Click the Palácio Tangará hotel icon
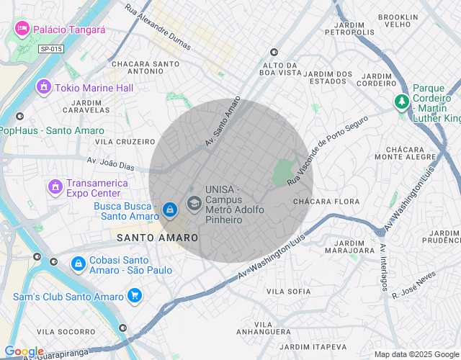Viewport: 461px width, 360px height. point(22,30)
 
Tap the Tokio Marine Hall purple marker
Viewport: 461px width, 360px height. point(44,88)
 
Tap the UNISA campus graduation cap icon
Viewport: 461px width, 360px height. point(194,204)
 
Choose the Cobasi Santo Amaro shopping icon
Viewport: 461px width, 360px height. point(77,264)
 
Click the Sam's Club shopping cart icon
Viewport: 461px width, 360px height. point(134,296)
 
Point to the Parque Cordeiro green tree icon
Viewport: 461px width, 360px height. point(401,102)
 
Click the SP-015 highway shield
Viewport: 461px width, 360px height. point(51,48)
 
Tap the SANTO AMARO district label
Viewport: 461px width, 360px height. point(158,238)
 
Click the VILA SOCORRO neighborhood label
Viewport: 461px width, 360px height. point(66,331)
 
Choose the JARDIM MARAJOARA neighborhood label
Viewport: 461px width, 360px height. point(350,246)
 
